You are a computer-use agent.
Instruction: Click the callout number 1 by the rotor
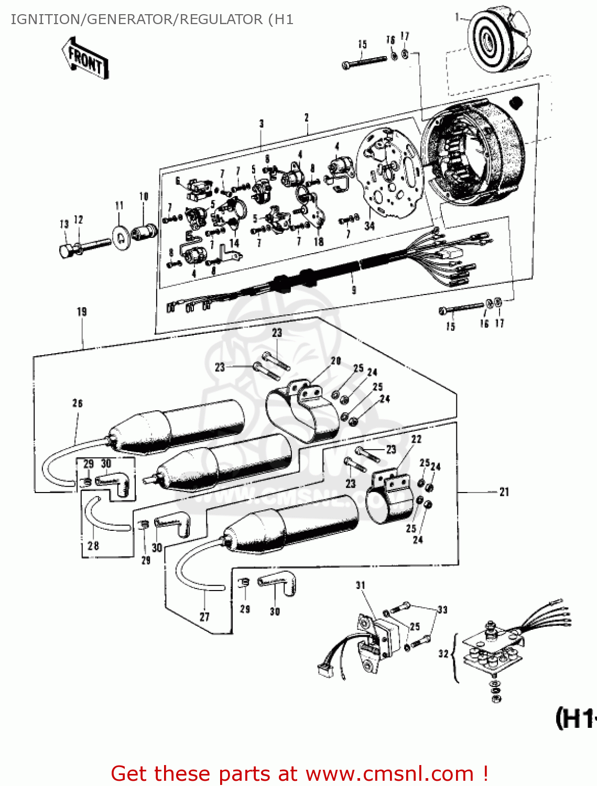[457, 18]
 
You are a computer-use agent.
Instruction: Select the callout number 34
[370, 226]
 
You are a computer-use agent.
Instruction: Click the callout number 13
[64, 224]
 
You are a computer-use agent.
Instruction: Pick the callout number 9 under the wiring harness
[354, 290]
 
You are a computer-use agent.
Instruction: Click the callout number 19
[82, 312]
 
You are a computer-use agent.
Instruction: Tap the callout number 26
[78, 403]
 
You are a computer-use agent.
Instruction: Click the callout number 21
[504, 492]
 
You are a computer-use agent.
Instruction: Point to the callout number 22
[416, 439]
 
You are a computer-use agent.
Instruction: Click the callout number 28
[93, 545]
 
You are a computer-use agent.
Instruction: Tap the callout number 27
[204, 617]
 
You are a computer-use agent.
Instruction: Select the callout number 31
[361, 585]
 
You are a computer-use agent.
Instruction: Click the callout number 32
[443, 653]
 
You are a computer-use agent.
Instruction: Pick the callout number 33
[442, 609]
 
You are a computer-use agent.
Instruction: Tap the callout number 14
[234, 243]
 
